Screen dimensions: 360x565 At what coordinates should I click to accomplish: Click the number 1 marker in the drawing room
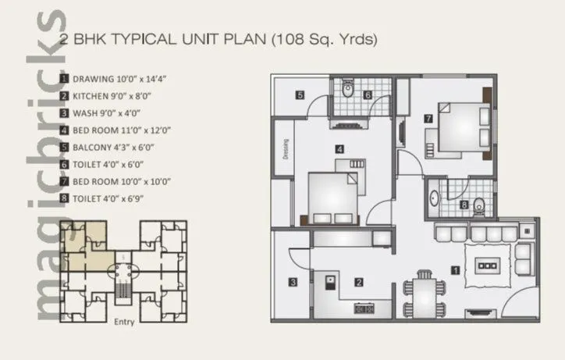(456, 271)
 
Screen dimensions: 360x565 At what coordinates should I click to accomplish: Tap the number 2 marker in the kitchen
(358, 282)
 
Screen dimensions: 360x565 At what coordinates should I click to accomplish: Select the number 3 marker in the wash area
(293, 283)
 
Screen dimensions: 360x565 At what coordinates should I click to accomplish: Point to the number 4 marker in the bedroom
(338, 148)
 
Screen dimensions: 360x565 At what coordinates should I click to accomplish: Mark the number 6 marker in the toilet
(368, 95)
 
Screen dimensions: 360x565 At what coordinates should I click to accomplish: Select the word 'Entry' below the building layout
(124, 322)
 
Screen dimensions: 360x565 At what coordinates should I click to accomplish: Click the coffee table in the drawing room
(489, 266)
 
